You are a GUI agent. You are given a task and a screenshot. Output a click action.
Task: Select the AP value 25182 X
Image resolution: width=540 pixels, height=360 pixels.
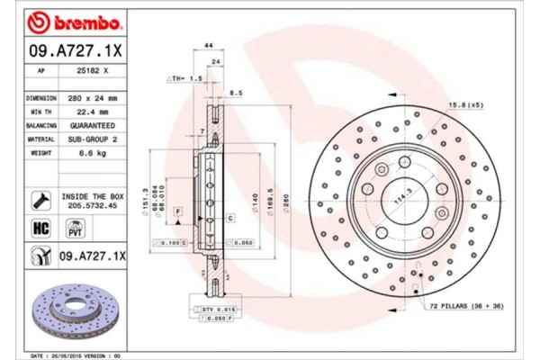(94, 69)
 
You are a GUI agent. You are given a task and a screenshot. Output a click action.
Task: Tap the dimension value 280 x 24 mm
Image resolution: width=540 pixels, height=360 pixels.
(94, 96)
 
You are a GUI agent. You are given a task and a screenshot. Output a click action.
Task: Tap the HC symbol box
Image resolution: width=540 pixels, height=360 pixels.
(40, 229)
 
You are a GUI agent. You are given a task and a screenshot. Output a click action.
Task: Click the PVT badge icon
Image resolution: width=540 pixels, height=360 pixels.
(75, 229)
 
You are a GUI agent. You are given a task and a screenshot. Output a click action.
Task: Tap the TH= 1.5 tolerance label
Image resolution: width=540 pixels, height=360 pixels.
(184, 79)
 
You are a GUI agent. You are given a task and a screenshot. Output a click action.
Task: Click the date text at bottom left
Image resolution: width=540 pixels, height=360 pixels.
(73, 355)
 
